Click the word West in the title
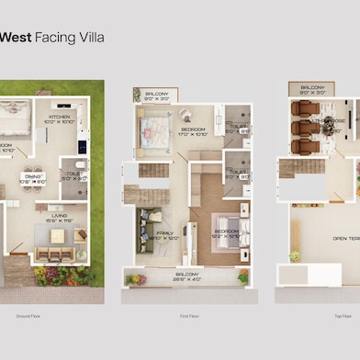click(x=15, y=38)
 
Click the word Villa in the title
click(x=91, y=38)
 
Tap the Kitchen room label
click(x=61, y=118)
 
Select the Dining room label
click(x=32, y=180)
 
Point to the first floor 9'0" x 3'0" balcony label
click(x=157, y=94)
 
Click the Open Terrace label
click(x=345, y=238)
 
